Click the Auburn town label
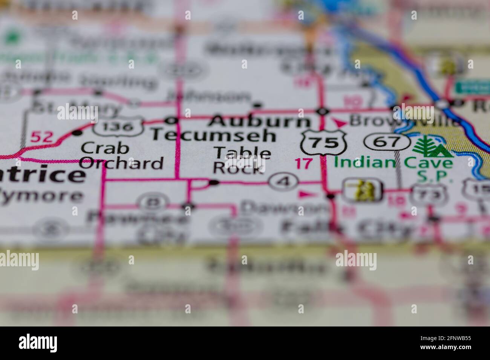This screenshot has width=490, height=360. point(260,122)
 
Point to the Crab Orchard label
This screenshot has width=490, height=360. point(121,156)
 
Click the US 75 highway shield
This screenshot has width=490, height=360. point(323,142)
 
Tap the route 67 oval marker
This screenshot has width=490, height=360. point(387,142)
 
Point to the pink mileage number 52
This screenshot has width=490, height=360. point(41,137)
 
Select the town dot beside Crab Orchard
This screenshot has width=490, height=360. point(77,133)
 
